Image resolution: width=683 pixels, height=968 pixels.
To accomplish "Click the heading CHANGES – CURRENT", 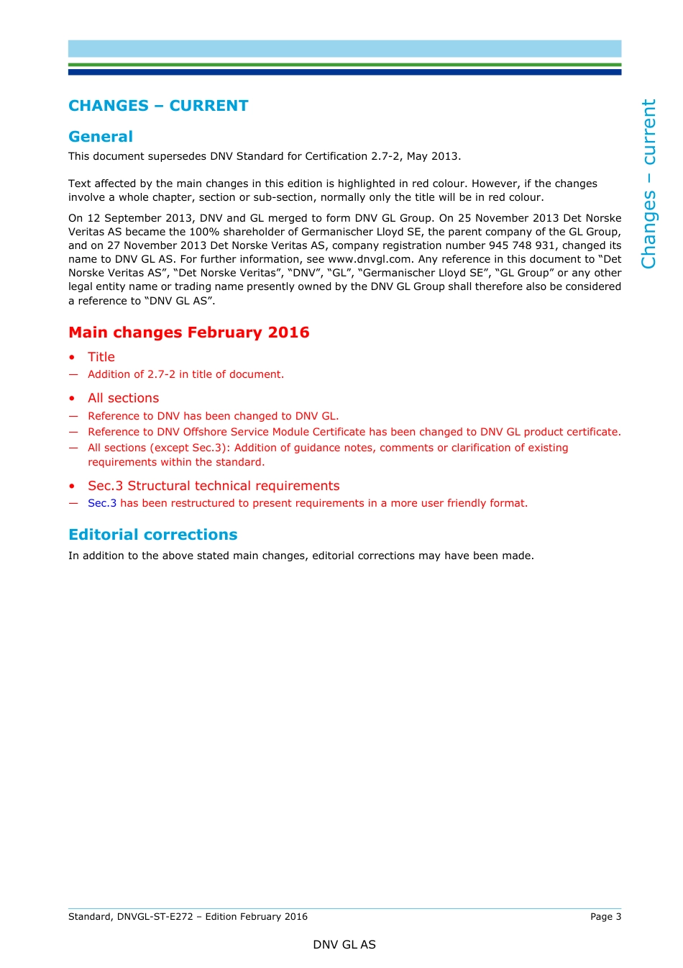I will [158, 106].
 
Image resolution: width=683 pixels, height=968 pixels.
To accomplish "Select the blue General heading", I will [101, 137].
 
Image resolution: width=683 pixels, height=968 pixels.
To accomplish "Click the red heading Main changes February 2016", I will [188, 333].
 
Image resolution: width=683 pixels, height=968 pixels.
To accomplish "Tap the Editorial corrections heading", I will [152, 535].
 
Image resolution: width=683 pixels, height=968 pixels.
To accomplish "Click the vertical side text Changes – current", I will [648, 184].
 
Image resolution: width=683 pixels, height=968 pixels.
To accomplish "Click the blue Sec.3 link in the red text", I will [101, 503].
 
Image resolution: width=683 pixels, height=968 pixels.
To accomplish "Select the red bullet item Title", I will [101, 357].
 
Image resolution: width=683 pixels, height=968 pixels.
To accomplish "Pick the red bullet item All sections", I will [123, 398].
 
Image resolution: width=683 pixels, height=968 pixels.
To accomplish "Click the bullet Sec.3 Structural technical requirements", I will [214, 486].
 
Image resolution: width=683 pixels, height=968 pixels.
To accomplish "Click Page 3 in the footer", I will [605, 916].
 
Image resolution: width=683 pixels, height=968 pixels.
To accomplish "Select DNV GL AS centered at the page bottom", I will [344, 944].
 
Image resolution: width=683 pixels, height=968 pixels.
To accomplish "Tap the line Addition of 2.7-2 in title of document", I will [185, 374].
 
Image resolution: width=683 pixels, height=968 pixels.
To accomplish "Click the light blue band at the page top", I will [344, 48].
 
